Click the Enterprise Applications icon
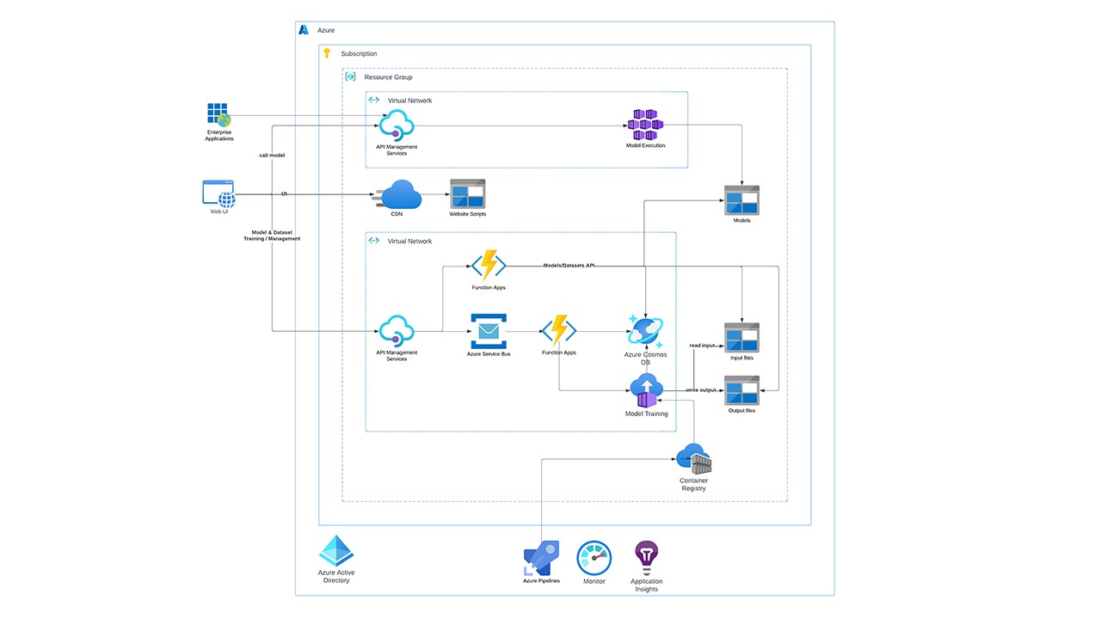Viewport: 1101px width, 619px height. [218, 114]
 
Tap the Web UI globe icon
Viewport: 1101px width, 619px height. [219, 193]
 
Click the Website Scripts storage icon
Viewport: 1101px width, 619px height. [468, 194]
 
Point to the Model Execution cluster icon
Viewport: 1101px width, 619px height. [645, 126]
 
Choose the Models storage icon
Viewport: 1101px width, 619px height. [741, 200]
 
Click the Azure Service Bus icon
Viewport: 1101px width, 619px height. [489, 331]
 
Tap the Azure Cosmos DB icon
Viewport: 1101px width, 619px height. [645, 331]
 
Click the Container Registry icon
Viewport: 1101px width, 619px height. [694, 459]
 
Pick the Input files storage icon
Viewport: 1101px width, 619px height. [741, 338]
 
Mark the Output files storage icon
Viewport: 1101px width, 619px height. [741, 390]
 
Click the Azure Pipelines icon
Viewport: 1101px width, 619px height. [542, 559]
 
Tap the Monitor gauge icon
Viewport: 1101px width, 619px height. [594, 558]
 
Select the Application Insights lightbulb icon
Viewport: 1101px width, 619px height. [646, 557]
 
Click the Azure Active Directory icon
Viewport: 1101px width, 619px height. [336, 551]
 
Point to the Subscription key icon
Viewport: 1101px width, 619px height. [327, 53]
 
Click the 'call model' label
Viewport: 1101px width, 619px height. [272, 156]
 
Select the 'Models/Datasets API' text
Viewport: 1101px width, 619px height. [569, 266]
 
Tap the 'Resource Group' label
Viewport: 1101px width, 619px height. [388, 77]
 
